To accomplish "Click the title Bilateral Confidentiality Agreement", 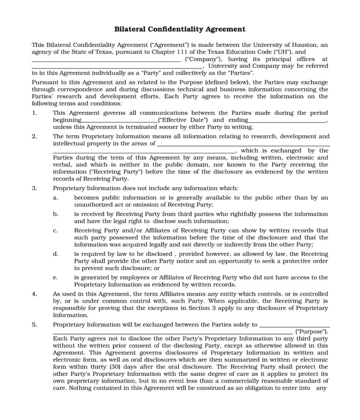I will [x=179, y=29].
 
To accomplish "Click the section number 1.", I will [x=34, y=113].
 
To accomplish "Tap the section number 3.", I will [x=34, y=188].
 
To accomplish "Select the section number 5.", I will [x=34, y=324].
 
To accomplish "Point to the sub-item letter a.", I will [x=55, y=198].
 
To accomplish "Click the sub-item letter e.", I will [x=55, y=278].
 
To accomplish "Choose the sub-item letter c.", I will [x=55, y=231].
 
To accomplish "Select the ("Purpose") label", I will [x=312, y=331].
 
